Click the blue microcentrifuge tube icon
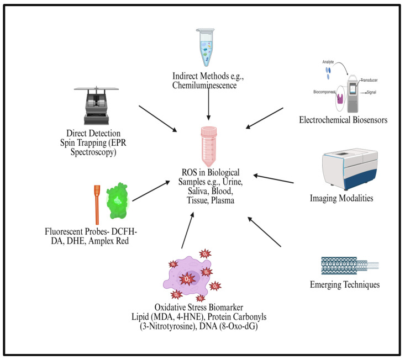point(206,47)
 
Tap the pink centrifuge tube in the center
point(209,146)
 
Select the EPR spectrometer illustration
point(96,106)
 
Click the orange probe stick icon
point(97,204)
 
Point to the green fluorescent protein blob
point(117,201)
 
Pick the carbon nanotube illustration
point(350,265)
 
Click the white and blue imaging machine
point(350,169)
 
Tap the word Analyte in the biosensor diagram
point(328,62)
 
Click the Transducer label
point(369,80)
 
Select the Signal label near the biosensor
point(371,92)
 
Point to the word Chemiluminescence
point(204,86)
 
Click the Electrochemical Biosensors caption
point(343,120)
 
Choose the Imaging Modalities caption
point(341,198)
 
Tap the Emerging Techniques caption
point(345,285)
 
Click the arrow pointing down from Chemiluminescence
point(208,104)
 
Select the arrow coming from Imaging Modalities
point(273,179)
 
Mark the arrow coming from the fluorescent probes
point(151,191)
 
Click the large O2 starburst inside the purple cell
point(187,279)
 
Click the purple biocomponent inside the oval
point(340,99)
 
